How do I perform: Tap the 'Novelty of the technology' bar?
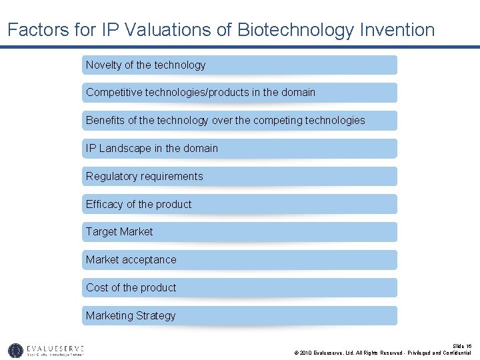tap(239, 65)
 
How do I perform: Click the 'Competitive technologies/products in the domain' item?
tap(239, 93)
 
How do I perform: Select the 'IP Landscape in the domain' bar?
tap(239, 149)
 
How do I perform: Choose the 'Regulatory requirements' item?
tap(239, 177)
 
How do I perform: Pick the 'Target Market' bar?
tap(239, 232)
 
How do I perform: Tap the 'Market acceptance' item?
tap(239, 260)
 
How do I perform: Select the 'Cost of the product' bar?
tap(239, 288)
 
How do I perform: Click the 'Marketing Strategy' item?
tap(239, 316)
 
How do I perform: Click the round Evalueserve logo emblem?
tap(15, 350)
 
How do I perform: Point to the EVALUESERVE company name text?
tap(55, 348)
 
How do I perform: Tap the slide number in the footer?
tap(462, 346)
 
